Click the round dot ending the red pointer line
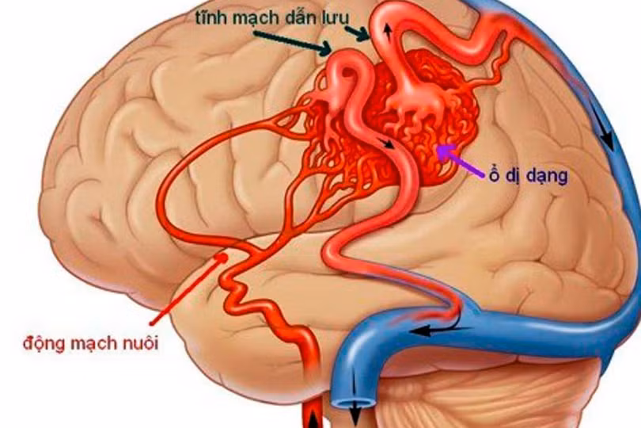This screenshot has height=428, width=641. (222, 258)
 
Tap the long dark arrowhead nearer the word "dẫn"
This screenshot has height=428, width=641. (325, 48)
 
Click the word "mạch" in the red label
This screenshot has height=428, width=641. (93, 343)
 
